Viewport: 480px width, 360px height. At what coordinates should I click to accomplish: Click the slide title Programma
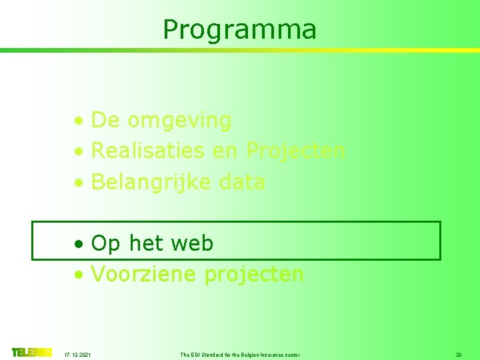239,29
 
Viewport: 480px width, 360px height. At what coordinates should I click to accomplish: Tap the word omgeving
179,121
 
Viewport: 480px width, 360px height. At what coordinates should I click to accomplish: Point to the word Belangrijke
153,182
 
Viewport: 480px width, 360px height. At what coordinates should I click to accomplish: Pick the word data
242,181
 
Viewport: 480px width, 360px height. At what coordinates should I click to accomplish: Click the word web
192,243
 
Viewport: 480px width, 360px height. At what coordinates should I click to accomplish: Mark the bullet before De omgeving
79,122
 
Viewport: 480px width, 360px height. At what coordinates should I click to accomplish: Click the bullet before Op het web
79,245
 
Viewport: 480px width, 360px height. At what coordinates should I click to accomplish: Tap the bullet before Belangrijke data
79,183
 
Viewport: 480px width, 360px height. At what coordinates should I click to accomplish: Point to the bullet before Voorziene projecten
79,275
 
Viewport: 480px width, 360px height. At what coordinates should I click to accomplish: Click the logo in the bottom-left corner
31,352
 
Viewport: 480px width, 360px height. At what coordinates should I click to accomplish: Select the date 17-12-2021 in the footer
79,355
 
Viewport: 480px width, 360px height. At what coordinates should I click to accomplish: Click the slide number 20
458,355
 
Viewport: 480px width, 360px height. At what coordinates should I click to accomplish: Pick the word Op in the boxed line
106,244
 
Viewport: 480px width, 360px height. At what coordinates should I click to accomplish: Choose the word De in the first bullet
105,121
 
